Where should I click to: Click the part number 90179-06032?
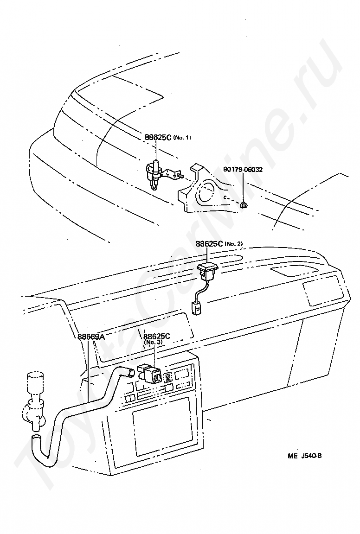pos(243,170)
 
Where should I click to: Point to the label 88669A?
pos(91,337)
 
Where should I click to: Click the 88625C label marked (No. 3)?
pos(157,337)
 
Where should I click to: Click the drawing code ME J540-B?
pos(304,455)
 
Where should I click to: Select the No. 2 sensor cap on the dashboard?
pos(207,267)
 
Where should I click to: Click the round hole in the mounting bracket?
pos(207,191)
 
